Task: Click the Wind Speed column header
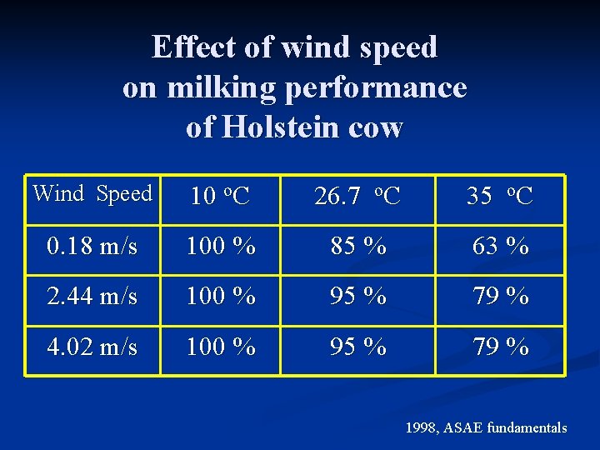tap(92, 194)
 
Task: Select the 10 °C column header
tap(220, 197)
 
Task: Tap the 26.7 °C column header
tap(357, 197)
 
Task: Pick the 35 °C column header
tap(500, 197)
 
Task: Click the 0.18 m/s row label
tap(92, 247)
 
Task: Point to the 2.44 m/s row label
tap(92, 297)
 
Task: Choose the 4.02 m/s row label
tap(92, 347)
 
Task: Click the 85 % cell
tap(357, 247)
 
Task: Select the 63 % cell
tap(500, 247)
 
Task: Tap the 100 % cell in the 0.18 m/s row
tap(220, 247)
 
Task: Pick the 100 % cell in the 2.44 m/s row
tap(220, 297)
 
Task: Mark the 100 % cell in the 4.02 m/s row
tap(220, 347)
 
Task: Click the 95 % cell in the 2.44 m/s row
tap(357, 297)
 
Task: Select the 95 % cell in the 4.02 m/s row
tap(357, 347)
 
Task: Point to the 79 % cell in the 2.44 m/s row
tap(500, 297)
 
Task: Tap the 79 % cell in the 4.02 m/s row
tap(500, 347)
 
